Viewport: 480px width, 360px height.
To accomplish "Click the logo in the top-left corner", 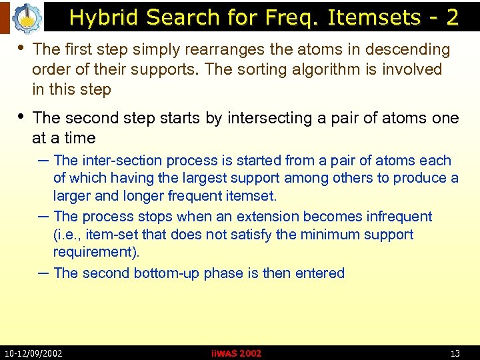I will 27,18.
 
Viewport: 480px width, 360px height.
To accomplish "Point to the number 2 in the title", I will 453,17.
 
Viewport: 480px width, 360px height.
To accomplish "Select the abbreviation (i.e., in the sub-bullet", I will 69,235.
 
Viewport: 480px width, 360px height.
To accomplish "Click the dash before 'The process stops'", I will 43,217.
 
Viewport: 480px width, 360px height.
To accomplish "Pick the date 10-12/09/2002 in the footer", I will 33,353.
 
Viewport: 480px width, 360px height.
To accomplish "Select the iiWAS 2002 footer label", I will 235,353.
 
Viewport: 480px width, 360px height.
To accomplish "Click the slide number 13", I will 455,353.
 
